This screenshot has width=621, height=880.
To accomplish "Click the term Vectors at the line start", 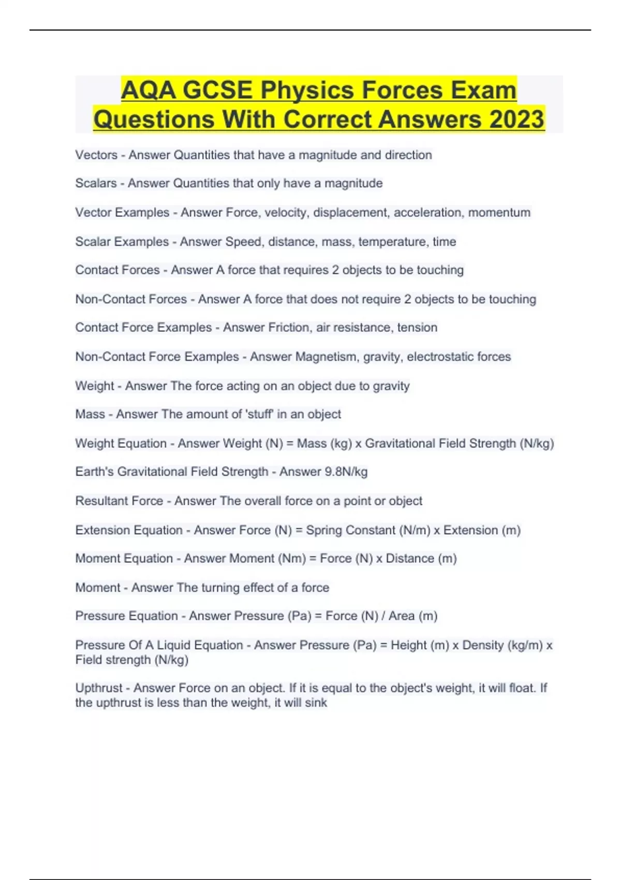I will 96,155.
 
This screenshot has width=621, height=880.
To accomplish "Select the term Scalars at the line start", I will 96,183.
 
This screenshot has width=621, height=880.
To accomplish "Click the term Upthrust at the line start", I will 98,688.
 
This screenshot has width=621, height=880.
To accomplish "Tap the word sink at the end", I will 316,702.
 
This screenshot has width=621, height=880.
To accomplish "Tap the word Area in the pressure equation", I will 402,616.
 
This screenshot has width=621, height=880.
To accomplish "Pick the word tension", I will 417,327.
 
